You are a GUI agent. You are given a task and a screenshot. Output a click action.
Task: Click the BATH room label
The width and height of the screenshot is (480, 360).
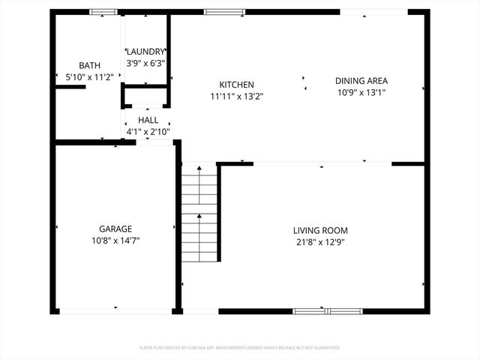click(x=90, y=66)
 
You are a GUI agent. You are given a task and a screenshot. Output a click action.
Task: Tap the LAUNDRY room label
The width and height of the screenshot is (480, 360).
click(x=145, y=52)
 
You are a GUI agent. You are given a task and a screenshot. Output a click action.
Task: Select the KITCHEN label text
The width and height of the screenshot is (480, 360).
click(x=236, y=85)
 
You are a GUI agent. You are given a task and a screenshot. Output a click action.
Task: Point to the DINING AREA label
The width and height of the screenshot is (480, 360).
click(x=361, y=81)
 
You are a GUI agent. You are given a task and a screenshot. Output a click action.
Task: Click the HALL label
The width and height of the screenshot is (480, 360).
click(x=148, y=120)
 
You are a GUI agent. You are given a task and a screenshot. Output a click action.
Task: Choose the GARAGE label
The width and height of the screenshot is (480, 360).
click(x=115, y=229)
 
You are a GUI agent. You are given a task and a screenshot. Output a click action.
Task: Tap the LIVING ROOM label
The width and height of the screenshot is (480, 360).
click(x=320, y=230)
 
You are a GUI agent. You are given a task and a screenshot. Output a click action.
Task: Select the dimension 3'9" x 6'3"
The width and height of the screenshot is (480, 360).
click(x=145, y=64)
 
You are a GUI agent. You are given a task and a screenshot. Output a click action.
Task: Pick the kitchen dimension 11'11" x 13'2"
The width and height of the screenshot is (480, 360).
click(x=236, y=96)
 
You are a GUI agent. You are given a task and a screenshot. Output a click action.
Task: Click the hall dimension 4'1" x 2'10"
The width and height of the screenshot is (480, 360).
click(x=148, y=132)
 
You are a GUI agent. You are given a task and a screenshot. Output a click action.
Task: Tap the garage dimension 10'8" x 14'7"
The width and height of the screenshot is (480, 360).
click(x=115, y=241)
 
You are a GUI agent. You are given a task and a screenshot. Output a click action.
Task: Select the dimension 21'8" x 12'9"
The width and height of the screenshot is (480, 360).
click(x=320, y=242)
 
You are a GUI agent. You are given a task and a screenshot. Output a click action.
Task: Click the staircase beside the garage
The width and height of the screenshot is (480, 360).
click(x=199, y=214)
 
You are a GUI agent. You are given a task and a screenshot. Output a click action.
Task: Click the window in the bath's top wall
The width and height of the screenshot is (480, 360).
click(x=103, y=12)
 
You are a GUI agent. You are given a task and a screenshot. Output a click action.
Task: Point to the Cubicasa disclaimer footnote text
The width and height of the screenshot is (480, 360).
click(x=240, y=348)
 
